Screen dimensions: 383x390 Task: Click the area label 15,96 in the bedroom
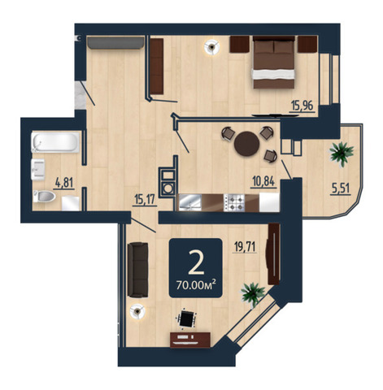click(x=302, y=106)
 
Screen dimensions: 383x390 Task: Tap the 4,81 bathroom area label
click(x=64, y=183)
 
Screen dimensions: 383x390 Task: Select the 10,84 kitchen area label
click(x=264, y=181)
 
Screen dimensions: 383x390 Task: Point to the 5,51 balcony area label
click(x=341, y=188)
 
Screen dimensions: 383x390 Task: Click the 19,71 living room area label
click(x=245, y=247)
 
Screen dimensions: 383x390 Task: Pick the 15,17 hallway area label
click(x=145, y=200)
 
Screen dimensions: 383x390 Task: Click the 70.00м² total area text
click(x=196, y=285)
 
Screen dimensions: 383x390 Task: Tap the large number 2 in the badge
click(x=196, y=262)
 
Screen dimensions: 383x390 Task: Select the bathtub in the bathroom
click(x=55, y=141)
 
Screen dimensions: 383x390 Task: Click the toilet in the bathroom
click(x=44, y=196)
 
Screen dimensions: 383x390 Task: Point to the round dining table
click(x=247, y=144)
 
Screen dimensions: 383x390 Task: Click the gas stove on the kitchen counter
click(x=234, y=202)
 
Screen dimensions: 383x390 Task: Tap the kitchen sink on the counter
click(x=190, y=202)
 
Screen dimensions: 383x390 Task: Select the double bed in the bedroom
click(x=274, y=62)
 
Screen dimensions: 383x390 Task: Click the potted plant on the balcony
click(x=342, y=154)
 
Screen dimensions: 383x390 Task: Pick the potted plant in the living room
click(x=253, y=294)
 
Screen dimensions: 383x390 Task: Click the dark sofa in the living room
click(x=137, y=270)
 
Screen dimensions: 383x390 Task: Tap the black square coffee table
click(x=186, y=318)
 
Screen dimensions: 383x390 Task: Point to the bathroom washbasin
click(x=37, y=169)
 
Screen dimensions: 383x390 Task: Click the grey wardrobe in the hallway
click(x=115, y=43)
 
